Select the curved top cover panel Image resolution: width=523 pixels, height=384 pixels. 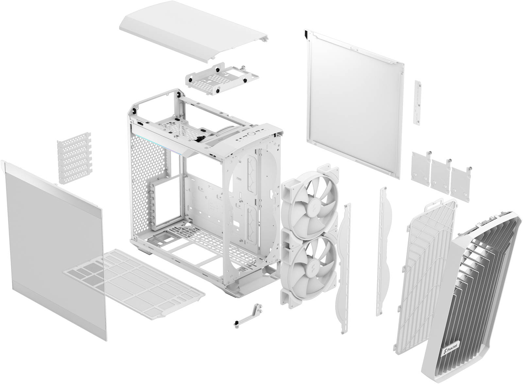(x=193, y=36)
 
